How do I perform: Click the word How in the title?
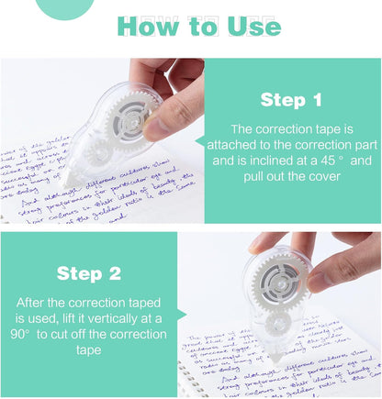point(151,27)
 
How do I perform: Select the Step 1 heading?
point(291,100)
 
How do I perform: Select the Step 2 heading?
point(88,272)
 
